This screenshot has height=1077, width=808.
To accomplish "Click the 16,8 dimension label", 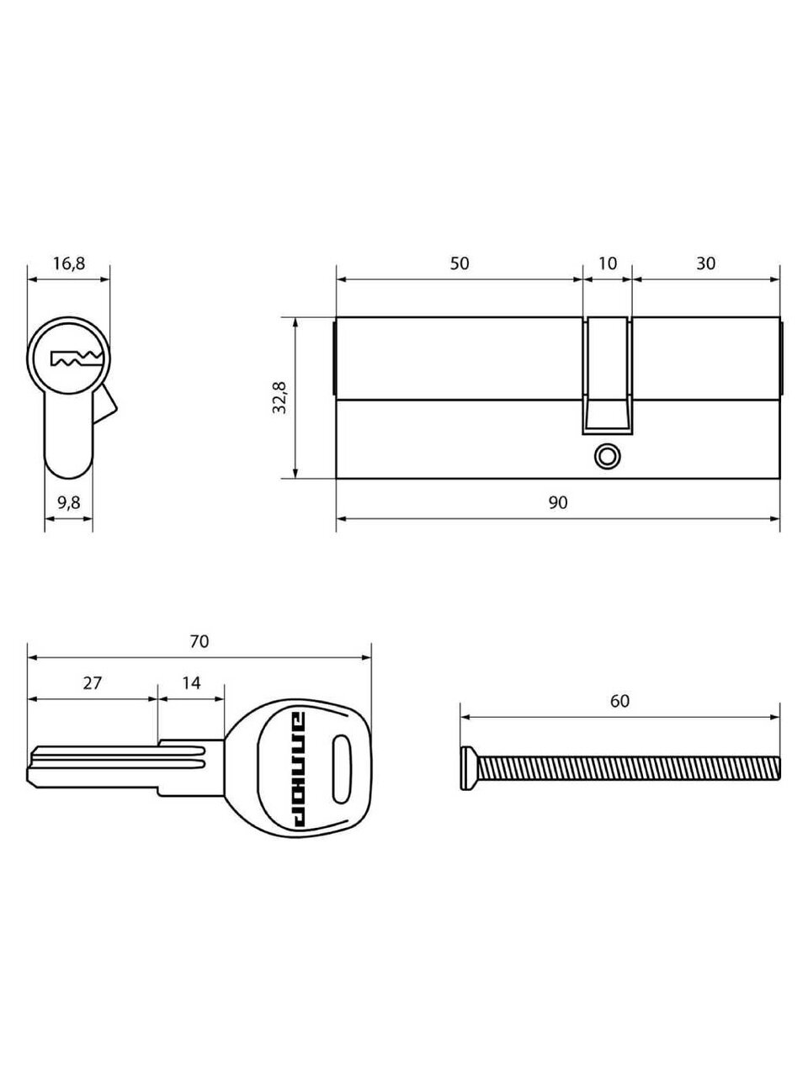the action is (69, 264).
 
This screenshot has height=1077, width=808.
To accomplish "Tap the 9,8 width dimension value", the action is (69, 503).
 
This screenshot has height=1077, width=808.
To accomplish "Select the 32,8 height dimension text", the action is (280, 397).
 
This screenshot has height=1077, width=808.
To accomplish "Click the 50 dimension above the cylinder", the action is (460, 263).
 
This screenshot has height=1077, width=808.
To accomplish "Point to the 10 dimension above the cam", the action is (608, 263).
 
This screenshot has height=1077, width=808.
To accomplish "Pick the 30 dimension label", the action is (706, 263).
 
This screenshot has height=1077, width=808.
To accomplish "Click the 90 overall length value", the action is (558, 502).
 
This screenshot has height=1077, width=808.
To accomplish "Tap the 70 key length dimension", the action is (199, 641).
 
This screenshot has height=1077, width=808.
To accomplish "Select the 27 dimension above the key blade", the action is (92, 682).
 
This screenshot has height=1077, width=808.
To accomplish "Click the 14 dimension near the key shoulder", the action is (191, 682).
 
